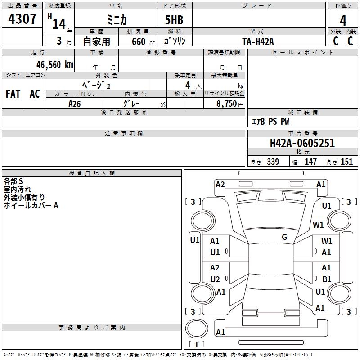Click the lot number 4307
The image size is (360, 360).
[22, 19]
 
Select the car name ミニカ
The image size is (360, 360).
[117, 20]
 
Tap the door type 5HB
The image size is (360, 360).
[174, 20]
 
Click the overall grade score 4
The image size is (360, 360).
[343, 21]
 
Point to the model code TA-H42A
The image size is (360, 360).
[258, 41]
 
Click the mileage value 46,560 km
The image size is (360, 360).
[55, 65]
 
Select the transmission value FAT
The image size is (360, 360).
[13, 94]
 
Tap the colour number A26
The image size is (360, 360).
[74, 104]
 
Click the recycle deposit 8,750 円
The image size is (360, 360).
[230, 104]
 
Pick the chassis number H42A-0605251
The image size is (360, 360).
[302, 143]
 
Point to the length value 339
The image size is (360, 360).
[273, 162]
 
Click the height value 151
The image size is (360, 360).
[346, 162]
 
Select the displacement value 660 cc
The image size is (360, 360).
[143, 42]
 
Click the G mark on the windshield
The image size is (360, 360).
[284, 237]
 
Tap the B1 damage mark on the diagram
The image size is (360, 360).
[327, 279]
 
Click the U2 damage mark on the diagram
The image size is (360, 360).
[215, 279]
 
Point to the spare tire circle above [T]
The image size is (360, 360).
[197, 328]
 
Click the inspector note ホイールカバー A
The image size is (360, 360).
[31, 206]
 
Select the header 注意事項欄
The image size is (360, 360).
[124, 133]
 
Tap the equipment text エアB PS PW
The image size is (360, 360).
[270, 121]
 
